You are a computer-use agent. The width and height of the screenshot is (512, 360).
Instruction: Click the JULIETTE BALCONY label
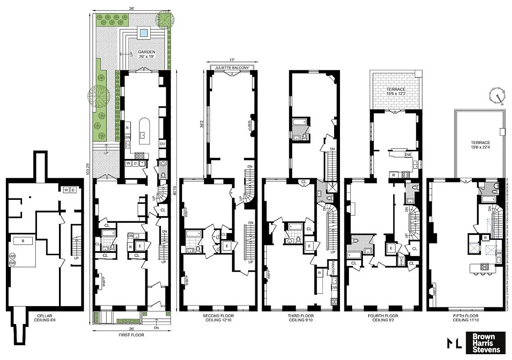[x=232, y=68]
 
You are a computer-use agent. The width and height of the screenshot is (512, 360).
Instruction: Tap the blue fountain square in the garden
[x=144, y=32]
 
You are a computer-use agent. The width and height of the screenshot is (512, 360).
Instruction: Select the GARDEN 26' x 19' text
[x=146, y=54]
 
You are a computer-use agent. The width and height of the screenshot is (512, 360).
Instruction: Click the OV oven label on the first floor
[x=163, y=144]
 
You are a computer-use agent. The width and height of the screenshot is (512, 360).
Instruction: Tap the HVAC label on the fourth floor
[x=401, y=260]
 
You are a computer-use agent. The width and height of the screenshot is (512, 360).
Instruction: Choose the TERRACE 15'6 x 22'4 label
[x=478, y=145]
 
